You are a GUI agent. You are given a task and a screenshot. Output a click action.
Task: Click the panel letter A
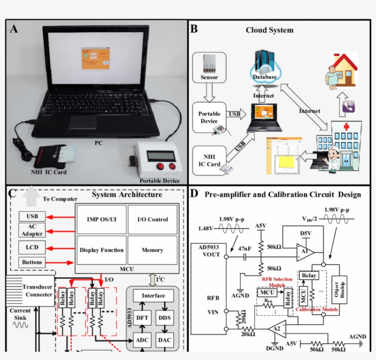(x=14, y=29)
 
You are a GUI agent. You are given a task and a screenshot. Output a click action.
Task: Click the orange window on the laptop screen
(x=94, y=58)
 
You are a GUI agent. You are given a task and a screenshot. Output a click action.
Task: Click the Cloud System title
(x=270, y=30)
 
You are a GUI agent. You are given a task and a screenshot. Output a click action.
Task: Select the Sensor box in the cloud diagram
(x=209, y=67)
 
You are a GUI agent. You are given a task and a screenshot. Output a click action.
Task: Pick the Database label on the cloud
(x=265, y=77)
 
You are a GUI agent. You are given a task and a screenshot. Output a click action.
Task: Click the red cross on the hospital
(x=339, y=127)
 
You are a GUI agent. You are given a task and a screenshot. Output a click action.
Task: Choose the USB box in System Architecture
(x=32, y=216)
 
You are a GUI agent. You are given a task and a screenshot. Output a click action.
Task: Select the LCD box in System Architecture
(x=32, y=247)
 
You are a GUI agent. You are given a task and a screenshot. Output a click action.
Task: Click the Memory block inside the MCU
(x=152, y=250)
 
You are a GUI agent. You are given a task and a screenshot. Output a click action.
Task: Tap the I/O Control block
(x=152, y=219)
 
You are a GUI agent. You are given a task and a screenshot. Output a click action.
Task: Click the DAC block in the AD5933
(x=165, y=339)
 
